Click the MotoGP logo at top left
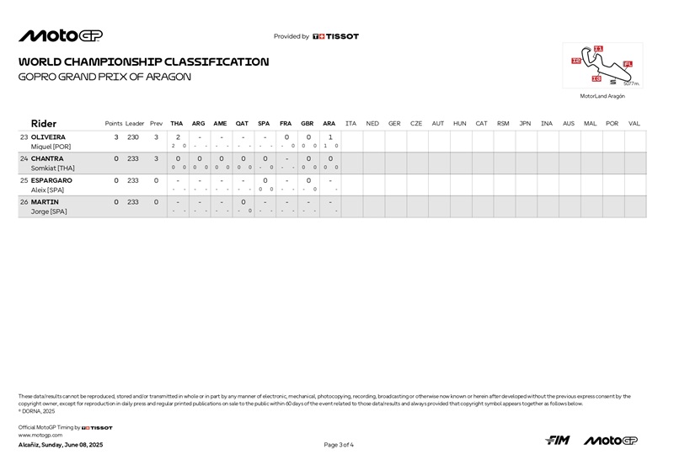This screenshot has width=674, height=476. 61,35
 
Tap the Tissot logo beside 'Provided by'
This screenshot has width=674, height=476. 335,36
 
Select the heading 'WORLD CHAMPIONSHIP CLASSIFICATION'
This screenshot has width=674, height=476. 144,62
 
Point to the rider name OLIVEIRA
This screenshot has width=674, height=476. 48,136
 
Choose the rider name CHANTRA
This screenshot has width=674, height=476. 47,158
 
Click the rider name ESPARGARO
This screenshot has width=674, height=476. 51,180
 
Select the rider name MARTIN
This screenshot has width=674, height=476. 45,202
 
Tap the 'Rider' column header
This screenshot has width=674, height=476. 44,123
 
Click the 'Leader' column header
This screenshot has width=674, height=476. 135,124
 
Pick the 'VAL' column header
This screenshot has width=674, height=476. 634,124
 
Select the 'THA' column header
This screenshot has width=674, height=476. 177,124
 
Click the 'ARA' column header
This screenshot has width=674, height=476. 329,124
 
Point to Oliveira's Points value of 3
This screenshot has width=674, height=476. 116,136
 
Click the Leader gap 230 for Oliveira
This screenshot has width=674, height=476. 133,136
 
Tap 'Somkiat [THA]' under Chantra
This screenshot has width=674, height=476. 52,168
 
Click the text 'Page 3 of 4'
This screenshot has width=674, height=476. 339,445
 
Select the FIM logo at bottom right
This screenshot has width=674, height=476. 558,441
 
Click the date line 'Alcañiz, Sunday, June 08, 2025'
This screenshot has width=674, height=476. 61,445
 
